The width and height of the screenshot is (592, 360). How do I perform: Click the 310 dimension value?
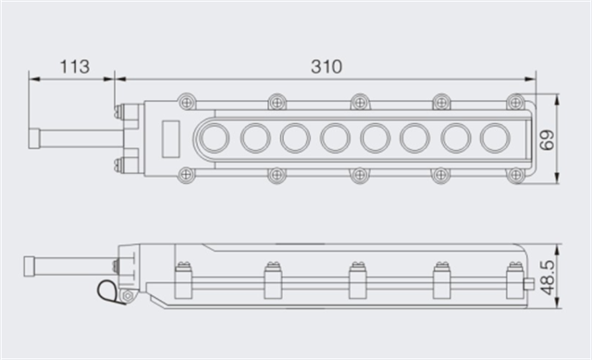click(x=326, y=67)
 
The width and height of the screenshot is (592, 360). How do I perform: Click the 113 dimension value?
click(x=74, y=67)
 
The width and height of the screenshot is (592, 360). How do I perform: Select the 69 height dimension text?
click(x=548, y=140)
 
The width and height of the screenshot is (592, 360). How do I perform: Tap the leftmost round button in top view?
click(x=215, y=138)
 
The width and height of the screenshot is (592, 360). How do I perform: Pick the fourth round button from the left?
click(x=335, y=138)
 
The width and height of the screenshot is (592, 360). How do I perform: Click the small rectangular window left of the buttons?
click(x=170, y=138)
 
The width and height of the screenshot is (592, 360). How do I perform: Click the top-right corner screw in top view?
click(x=516, y=101)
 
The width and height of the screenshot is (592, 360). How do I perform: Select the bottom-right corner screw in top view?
click(x=516, y=174)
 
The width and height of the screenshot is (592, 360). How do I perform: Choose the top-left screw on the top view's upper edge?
click(x=188, y=101)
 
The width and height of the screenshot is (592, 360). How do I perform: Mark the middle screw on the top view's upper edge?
click(x=360, y=101)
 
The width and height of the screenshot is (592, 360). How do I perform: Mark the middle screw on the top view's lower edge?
click(x=360, y=174)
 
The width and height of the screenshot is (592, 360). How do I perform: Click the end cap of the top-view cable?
click(x=34, y=138)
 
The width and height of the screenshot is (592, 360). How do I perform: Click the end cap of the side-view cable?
click(x=31, y=264)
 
